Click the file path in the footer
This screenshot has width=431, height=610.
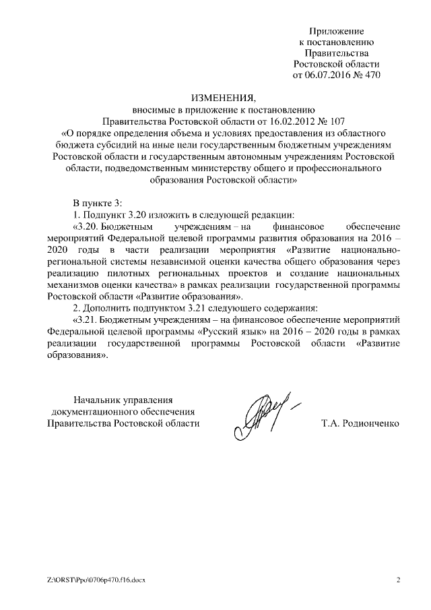coord(92,579)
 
